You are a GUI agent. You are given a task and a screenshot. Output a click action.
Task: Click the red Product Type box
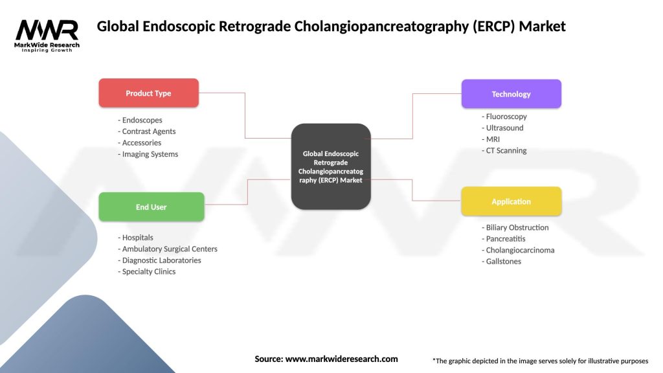pyautogui.click(x=148, y=93)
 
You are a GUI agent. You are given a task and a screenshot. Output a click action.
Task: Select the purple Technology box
pyautogui.click(x=511, y=94)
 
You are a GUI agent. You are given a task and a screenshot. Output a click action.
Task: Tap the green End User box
pyautogui.click(x=151, y=207)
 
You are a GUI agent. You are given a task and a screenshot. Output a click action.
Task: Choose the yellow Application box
pyautogui.click(x=511, y=201)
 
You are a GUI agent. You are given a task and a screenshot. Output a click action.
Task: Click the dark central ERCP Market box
pyautogui.click(x=331, y=166)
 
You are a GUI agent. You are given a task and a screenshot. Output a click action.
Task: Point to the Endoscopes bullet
pyautogui.click(x=140, y=120)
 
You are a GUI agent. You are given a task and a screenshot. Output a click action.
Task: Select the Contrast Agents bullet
pyautogui.click(x=147, y=131)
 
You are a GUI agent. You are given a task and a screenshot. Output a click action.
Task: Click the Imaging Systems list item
pyautogui.click(x=148, y=154)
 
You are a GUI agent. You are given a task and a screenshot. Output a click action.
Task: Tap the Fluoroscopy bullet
pyautogui.click(x=505, y=117)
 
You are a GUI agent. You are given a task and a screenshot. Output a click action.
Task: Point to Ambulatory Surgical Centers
pyautogui.click(x=168, y=249)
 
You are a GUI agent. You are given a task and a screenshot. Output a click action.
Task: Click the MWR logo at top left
pyautogui.click(x=47, y=34)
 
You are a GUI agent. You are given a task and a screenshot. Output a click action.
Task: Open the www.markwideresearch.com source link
pyautogui.click(x=341, y=359)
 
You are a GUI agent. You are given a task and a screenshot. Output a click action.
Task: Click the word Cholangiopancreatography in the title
pyautogui.click(x=375, y=27)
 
